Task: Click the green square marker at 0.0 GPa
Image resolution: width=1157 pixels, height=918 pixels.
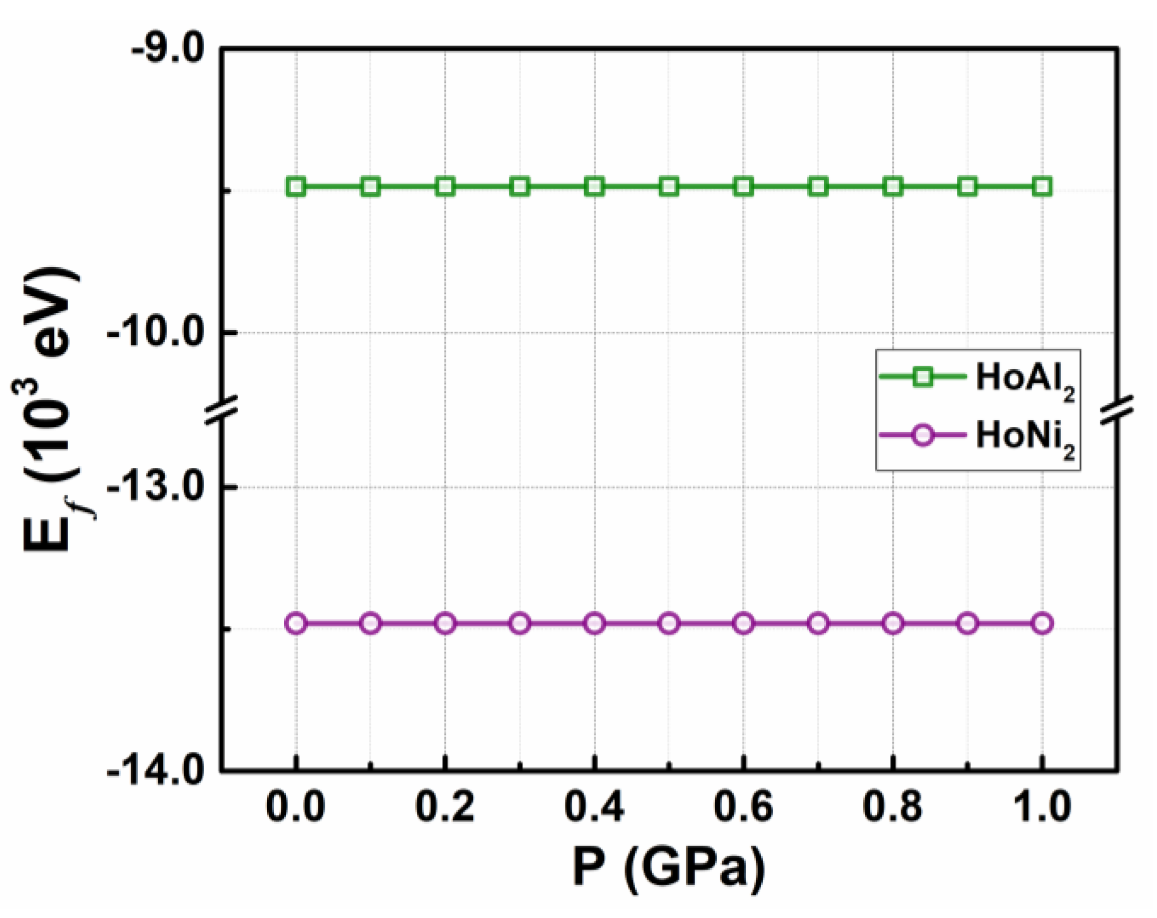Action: [x=296, y=187]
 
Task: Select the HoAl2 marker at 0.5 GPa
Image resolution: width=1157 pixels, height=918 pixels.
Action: [x=669, y=187]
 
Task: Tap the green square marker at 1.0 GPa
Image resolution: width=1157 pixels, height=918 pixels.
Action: [x=1042, y=187]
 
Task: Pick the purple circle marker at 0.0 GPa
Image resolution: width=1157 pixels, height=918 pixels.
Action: [x=296, y=624]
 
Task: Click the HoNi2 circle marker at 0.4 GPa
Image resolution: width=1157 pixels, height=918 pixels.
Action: [x=594, y=624]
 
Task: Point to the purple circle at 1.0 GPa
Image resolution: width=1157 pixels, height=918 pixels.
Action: [x=1042, y=624]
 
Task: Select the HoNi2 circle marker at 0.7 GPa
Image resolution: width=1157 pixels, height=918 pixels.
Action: [x=818, y=624]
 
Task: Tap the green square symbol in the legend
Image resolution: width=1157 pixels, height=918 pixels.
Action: [x=923, y=377]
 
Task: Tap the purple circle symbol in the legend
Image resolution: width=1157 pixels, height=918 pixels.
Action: [x=923, y=435]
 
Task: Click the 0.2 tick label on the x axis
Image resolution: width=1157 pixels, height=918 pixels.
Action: [x=445, y=806]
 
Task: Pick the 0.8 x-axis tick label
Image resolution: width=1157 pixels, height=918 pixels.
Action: [x=892, y=806]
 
